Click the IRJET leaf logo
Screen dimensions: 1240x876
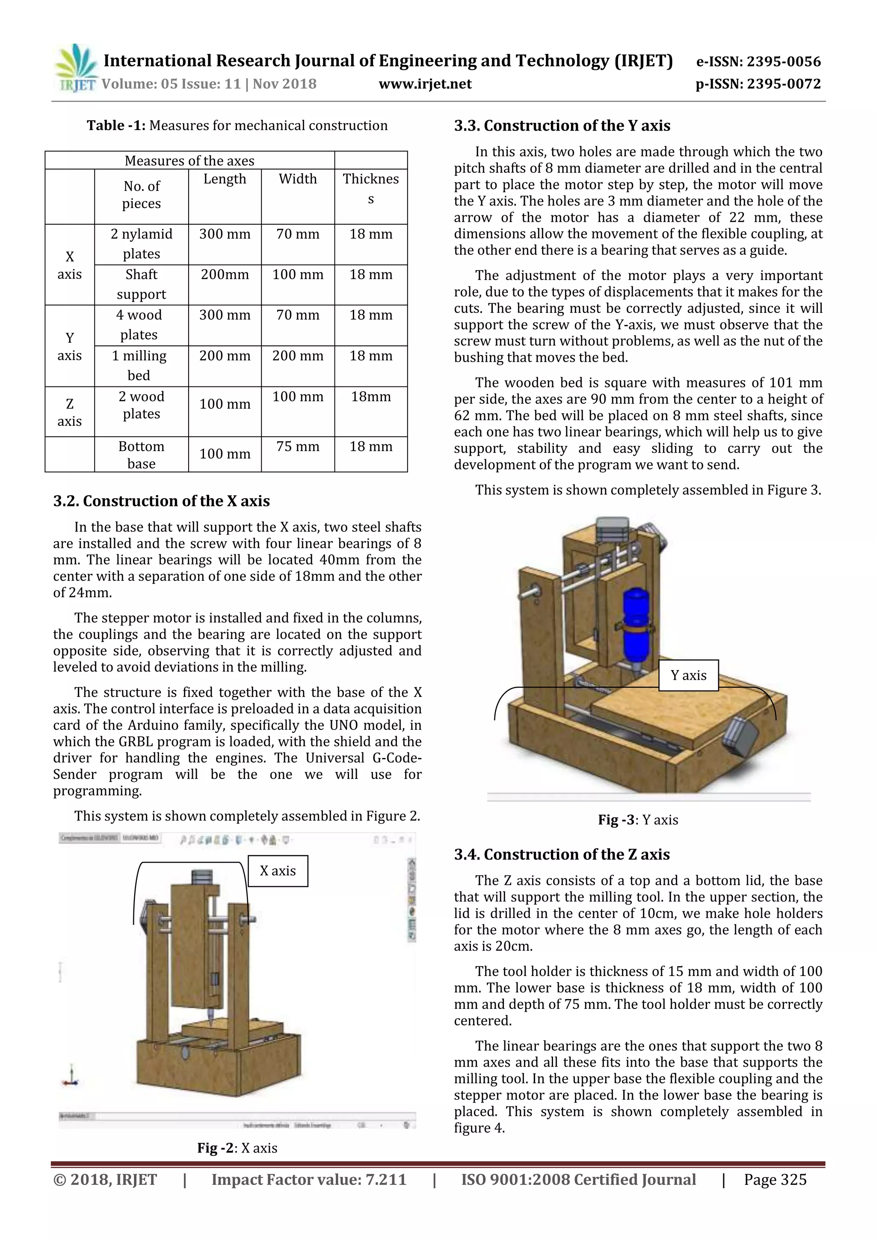point(76,68)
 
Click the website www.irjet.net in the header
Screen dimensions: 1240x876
point(425,84)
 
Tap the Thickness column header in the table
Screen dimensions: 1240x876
point(370,188)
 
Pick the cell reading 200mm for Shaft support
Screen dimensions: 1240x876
point(225,274)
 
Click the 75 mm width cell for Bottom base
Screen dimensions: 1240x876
point(297,446)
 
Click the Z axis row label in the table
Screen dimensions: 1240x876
point(69,412)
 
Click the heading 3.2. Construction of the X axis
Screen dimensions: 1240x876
point(161,501)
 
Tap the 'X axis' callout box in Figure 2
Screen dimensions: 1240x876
point(278,871)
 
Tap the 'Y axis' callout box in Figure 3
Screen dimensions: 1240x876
point(688,675)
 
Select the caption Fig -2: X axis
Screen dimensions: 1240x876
point(237,1148)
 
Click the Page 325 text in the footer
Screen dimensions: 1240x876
point(775,1180)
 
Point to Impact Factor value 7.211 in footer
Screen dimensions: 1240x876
point(308,1180)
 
